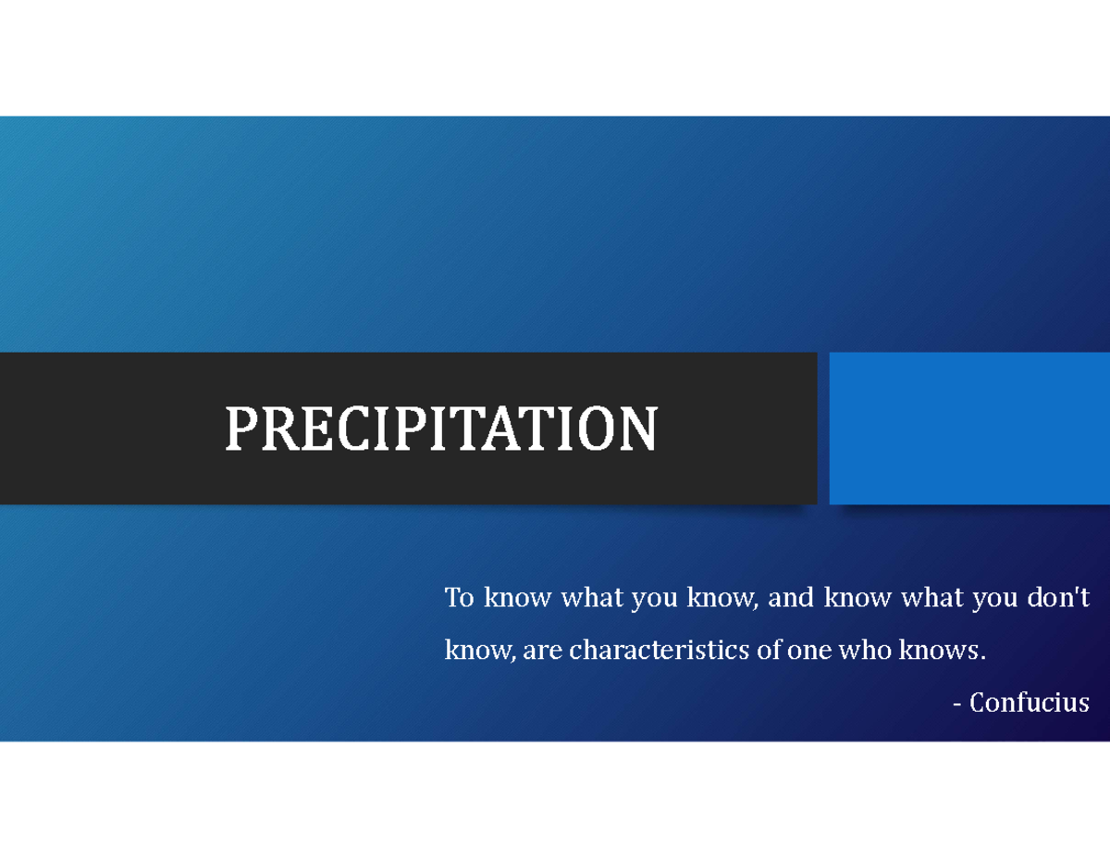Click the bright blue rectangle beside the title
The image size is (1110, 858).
coord(969,429)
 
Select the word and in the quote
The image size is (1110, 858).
coord(790,599)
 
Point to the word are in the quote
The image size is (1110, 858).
coord(543,651)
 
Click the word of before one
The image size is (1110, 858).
coord(769,651)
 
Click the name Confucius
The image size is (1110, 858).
coord(1029,703)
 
